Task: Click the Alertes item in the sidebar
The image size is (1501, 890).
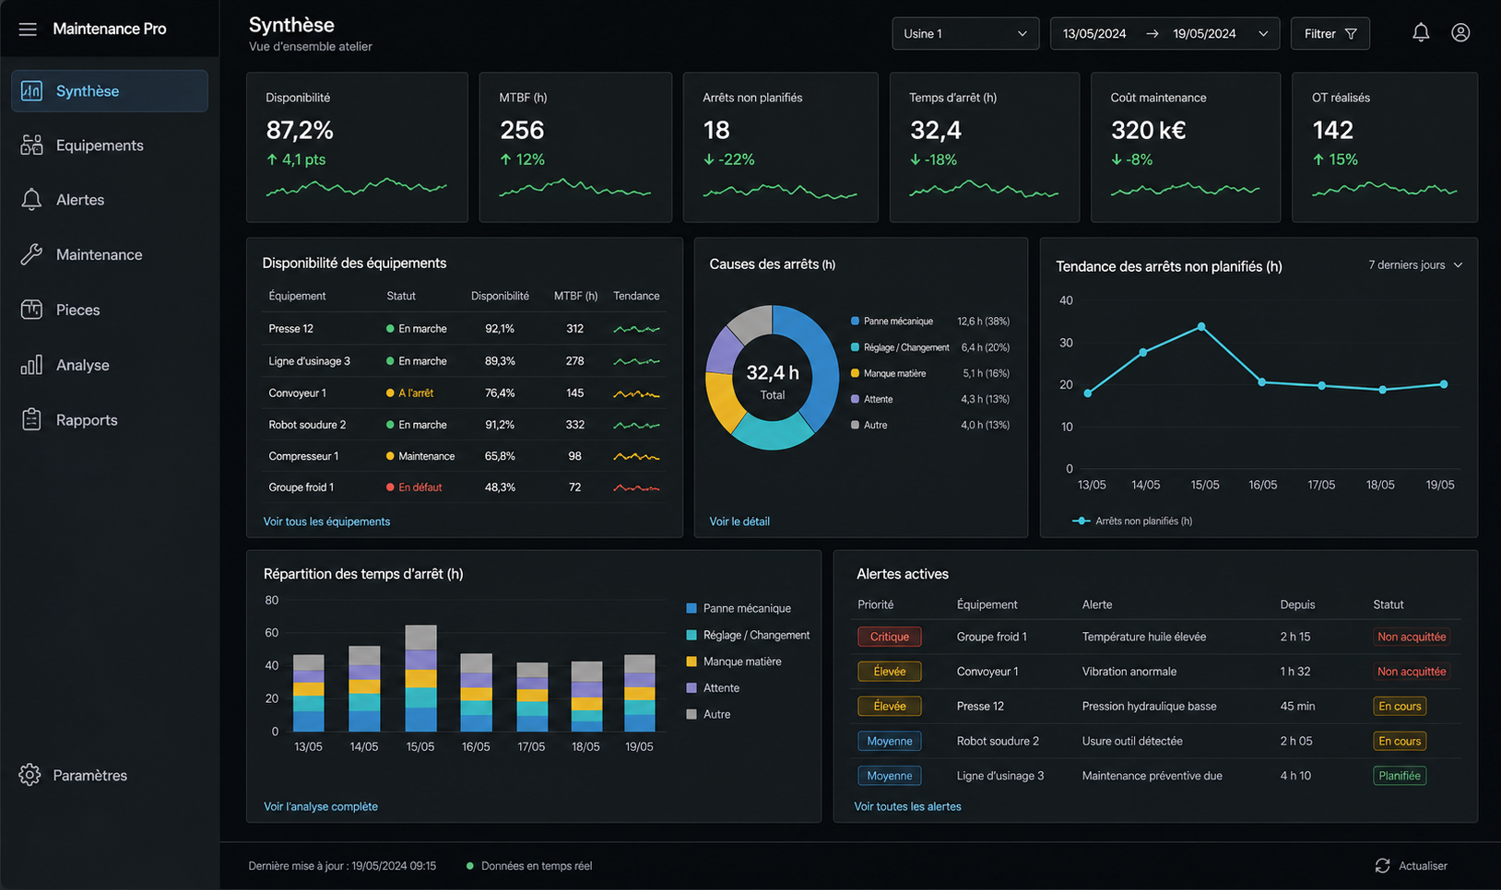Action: (79, 200)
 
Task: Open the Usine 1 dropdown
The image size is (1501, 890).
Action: (965, 33)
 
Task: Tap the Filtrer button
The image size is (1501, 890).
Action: (1330, 33)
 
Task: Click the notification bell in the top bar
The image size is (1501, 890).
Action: (1421, 33)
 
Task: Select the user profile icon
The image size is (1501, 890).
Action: (1460, 33)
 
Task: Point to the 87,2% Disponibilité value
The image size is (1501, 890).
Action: (300, 130)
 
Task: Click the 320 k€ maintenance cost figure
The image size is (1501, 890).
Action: (1149, 130)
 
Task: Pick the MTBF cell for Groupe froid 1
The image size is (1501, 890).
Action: (575, 487)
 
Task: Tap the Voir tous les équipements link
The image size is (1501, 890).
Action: (326, 521)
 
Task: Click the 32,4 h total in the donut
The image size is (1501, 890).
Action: (773, 373)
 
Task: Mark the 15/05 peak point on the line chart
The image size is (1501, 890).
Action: (1201, 327)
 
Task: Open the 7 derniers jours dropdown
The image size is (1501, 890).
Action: (1415, 265)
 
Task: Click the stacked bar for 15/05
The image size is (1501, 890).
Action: (420, 678)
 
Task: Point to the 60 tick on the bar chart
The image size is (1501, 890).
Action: (271, 633)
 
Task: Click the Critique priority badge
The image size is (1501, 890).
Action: (889, 637)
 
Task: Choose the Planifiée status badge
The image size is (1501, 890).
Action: (1400, 776)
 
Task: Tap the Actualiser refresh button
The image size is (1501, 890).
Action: (1412, 866)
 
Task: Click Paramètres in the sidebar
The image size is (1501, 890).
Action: (74, 775)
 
